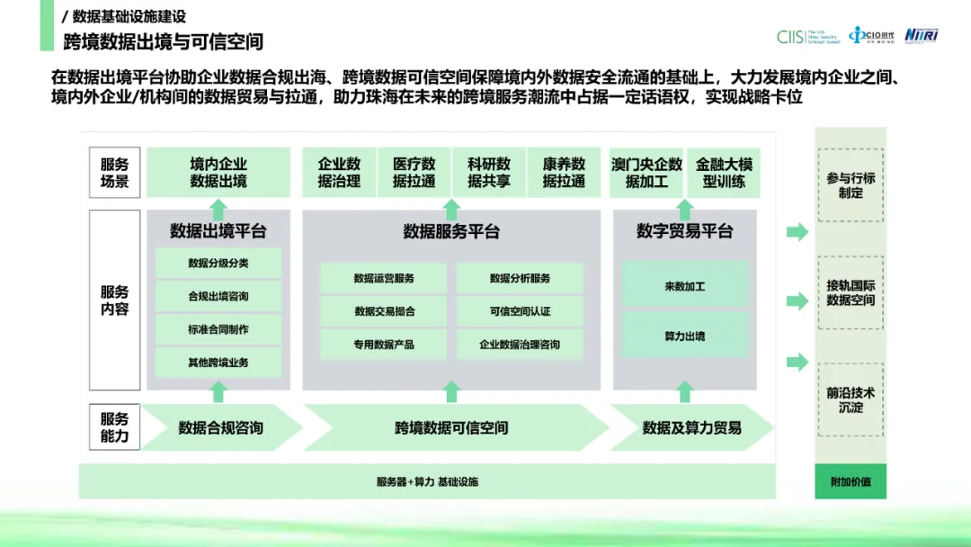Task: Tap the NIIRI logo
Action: pos(921,34)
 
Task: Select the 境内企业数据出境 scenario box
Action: pos(218,173)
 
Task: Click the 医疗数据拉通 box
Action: pos(414,173)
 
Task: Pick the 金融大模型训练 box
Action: pos(723,173)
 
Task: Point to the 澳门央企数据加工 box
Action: pos(646,173)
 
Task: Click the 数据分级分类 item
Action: pos(218,264)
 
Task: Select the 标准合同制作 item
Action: pos(218,329)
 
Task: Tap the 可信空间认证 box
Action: pos(520,311)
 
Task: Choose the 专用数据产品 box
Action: pos(384,345)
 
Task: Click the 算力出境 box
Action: pos(684,336)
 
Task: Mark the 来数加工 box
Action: pos(684,286)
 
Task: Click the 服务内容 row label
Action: pos(115,300)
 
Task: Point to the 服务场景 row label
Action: pos(115,173)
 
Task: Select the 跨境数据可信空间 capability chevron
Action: pos(452,428)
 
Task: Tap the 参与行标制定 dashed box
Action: pos(851,185)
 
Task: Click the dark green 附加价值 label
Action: pos(851,481)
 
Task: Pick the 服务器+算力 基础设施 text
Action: pos(427,481)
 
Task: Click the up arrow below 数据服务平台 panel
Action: pos(452,391)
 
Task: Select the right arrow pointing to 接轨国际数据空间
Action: pos(797,300)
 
